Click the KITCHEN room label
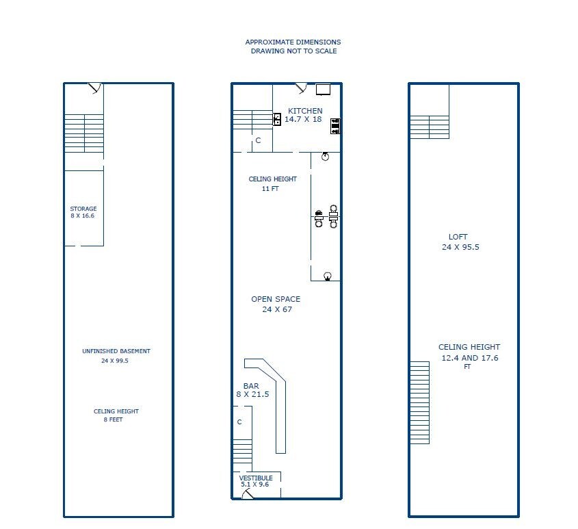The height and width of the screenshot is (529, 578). coord(304,111)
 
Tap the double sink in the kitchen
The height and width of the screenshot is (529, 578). coord(277,119)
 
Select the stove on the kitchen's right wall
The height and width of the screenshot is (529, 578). coord(335,126)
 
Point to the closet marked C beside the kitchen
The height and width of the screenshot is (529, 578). coord(258,140)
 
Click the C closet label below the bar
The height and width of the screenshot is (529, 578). coord(239,422)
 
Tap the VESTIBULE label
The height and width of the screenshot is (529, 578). coord(257,478)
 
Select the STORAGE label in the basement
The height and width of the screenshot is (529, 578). coord(83,209)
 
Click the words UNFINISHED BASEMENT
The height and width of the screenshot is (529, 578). coord(116,351)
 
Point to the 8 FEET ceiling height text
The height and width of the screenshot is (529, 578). coord(114,420)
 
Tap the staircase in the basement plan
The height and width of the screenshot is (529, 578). coord(83,133)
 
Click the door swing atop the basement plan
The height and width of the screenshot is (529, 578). coord(94,88)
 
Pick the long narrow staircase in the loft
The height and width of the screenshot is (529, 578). coord(419,402)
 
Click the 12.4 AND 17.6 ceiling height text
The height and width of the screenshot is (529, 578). coord(469,357)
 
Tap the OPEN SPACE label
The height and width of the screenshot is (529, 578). coord(276,299)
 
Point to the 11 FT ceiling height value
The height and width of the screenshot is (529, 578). coord(270,189)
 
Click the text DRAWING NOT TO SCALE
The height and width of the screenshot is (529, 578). coord(293,51)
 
